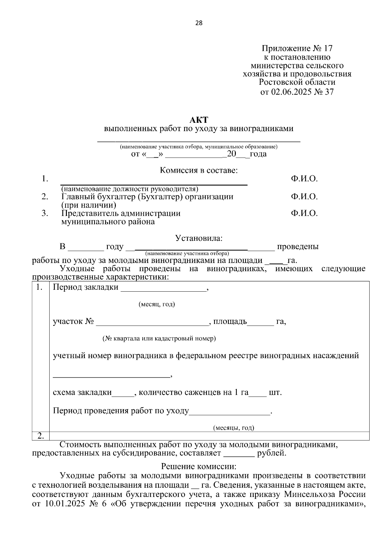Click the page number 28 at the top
click(x=199, y=23)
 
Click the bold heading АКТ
click(x=199, y=120)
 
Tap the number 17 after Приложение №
click(x=328, y=49)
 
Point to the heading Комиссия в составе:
click(x=199, y=170)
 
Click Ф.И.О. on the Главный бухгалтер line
click(x=304, y=197)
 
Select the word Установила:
click(x=199, y=238)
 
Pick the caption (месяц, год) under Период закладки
click(x=156, y=304)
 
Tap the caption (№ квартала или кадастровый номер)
click(x=159, y=338)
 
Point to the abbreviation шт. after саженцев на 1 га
click(x=275, y=392)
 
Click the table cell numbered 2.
click(x=41, y=436)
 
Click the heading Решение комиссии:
click(x=199, y=467)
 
